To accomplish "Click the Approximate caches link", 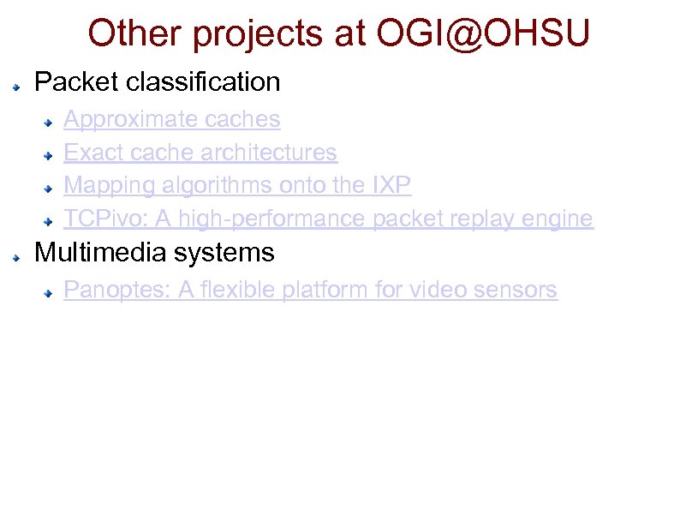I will [172, 118].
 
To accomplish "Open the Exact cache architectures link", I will [200, 153].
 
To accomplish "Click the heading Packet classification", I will [157, 82].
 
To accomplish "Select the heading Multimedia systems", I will [154, 253].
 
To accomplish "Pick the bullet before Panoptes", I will [52, 293].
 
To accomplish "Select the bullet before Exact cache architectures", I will [52, 156].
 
